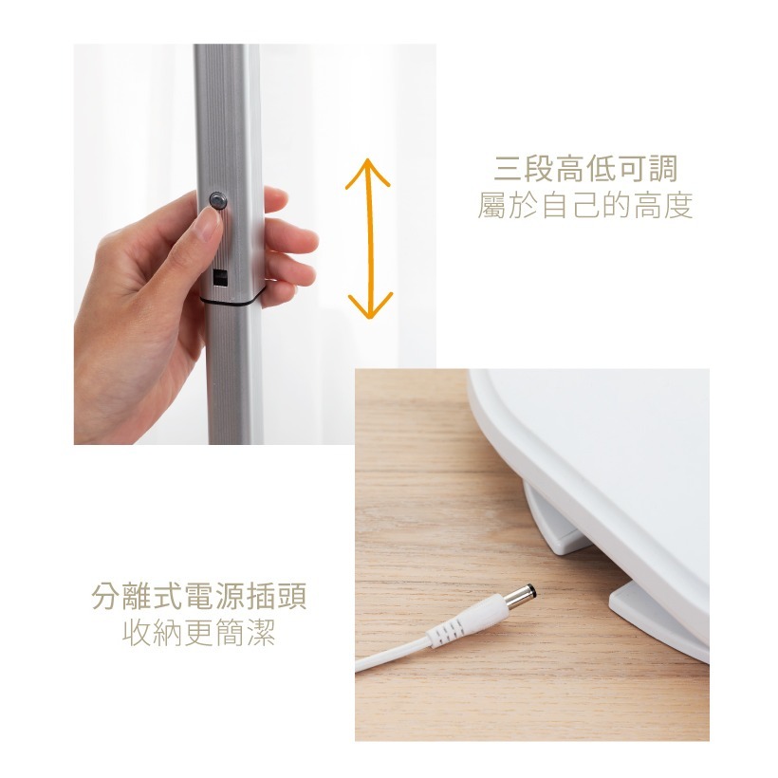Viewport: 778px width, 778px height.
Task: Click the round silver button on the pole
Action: click(x=217, y=200)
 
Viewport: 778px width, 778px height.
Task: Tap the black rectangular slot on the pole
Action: click(x=220, y=277)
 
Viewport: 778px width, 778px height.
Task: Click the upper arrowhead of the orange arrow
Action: click(x=368, y=171)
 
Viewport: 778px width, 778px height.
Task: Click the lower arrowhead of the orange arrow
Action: click(x=370, y=306)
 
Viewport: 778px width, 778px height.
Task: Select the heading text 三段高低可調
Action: click(x=585, y=169)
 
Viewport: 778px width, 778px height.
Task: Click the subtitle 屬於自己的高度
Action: click(x=585, y=205)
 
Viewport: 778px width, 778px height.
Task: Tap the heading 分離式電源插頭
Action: click(x=199, y=596)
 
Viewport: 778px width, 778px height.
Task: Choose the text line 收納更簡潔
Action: click(x=199, y=633)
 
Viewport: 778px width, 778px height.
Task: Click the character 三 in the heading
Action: click(x=509, y=169)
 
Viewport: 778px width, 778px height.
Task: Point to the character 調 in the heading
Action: click(x=662, y=169)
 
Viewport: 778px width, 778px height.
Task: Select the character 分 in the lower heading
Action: click(x=106, y=596)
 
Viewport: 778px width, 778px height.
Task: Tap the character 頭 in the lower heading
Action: click(x=292, y=596)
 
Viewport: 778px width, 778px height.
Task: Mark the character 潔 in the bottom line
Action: click(x=261, y=633)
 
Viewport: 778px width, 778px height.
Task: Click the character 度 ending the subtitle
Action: click(x=677, y=205)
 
